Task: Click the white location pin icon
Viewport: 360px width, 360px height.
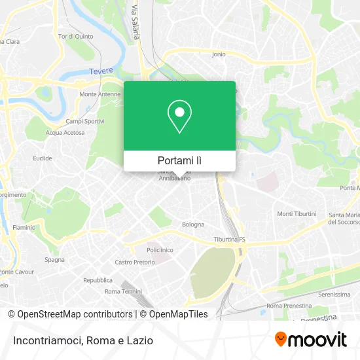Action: pyautogui.click(x=179, y=117)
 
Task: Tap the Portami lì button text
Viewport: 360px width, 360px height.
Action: pyautogui.click(x=179, y=160)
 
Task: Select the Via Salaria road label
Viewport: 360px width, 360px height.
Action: pyautogui.click(x=135, y=23)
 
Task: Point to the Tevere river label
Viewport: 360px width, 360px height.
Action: pyautogui.click(x=101, y=71)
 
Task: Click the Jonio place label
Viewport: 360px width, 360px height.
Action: pyautogui.click(x=219, y=54)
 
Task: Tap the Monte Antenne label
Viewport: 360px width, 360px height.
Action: pyautogui.click(x=100, y=94)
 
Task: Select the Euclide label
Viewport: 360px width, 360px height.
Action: pyautogui.click(x=43, y=158)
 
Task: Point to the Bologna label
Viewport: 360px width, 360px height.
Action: pyautogui.click(x=193, y=224)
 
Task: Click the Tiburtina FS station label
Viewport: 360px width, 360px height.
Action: pyautogui.click(x=229, y=240)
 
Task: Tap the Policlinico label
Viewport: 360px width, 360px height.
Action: pyautogui.click(x=160, y=250)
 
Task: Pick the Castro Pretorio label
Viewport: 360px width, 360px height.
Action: pyautogui.click(x=134, y=262)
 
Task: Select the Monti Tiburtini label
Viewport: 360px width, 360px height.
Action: pyautogui.click(x=297, y=214)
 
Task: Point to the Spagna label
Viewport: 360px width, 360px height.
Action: pyautogui.click(x=54, y=260)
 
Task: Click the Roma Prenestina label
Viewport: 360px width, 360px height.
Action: pyautogui.click(x=287, y=306)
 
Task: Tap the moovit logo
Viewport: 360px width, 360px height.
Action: pyautogui.click(x=311, y=339)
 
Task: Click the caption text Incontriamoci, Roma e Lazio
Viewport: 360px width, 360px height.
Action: pyautogui.click(x=82, y=340)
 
